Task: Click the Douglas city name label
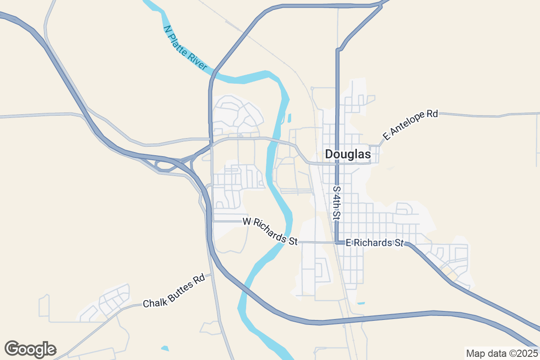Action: tap(348, 154)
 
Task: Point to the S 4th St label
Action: tap(336, 203)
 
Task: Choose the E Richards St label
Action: tap(374, 243)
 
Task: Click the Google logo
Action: tap(30, 349)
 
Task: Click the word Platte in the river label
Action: tap(185, 47)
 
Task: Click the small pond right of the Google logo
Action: tap(165, 348)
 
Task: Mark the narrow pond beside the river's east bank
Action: tap(289, 118)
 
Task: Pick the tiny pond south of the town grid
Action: tap(361, 303)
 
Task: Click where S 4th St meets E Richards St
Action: tap(337, 243)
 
